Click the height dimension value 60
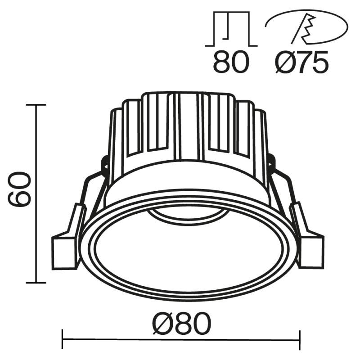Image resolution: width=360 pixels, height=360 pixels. tap(20, 189)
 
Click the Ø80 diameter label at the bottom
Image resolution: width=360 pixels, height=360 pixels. tap(181, 323)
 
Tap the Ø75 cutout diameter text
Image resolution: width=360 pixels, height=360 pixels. tap(301, 62)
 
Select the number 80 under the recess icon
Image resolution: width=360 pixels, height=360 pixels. tap(230, 62)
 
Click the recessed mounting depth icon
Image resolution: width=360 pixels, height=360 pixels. tap(230, 29)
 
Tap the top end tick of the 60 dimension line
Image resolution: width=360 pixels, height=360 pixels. tap(36, 105)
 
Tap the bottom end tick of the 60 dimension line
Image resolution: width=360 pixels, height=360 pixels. tap(36, 283)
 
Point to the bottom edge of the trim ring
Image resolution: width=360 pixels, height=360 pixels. tap(187, 299)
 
